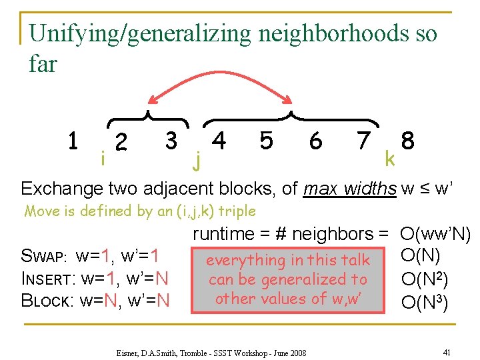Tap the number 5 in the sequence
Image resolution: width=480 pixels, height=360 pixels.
[266, 140]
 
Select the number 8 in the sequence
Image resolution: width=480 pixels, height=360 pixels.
[408, 141]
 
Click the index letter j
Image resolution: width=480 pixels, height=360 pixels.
[195, 159]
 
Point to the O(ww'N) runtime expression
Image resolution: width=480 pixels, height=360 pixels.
[435, 234]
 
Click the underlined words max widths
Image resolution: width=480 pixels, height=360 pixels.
[349, 189]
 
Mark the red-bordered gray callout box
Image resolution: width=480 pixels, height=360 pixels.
[287, 279]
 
